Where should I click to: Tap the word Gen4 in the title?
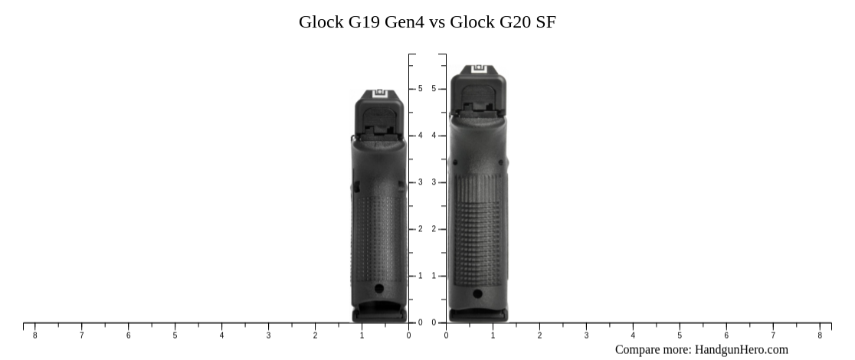point(404,22)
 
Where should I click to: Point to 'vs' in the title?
point(437,22)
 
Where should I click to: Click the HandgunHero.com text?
point(741,349)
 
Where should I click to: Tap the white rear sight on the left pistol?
point(381,96)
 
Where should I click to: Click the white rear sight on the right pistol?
point(479,70)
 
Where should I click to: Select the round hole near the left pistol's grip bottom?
point(379,289)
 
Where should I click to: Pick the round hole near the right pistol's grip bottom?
point(478,293)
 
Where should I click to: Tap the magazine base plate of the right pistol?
point(478,314)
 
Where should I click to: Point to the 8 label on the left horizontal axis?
point(34,335)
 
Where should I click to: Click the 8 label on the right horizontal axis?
point(820,335)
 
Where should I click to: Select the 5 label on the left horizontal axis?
point(175,335)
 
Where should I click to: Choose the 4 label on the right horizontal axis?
point(633,335)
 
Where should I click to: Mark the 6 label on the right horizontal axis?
point(726,335)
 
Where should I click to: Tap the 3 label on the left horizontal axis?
point(268,335)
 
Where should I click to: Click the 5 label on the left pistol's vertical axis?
point(420,89)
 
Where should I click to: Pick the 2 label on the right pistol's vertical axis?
point(434,229)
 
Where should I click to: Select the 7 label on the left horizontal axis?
point(81,335)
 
